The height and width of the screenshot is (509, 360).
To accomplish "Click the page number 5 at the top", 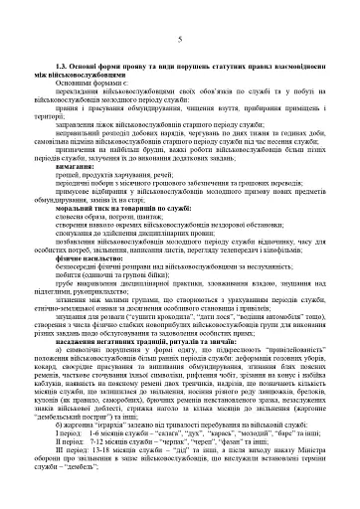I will (179, 39).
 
